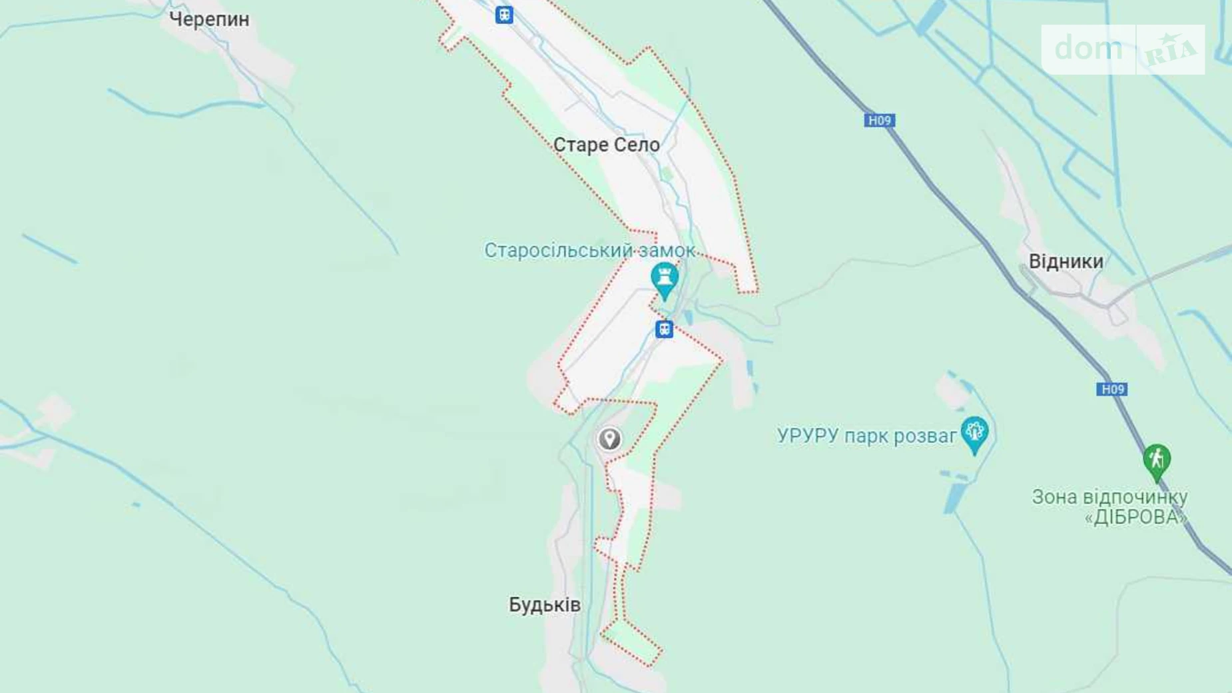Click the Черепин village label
click(x=209, y=19)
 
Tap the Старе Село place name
click(x=606, y=145)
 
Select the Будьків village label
click(x=545, y=604)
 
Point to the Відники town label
click(x=1066, y=261)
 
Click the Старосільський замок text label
click(x=589, y=251)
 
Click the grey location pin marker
click(x=609, y=439)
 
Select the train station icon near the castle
click(x=664, y=329)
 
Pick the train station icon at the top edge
click(x=504, y=15)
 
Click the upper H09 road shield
click(x=879, y=121)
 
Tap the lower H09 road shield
click(x=1111, y=389)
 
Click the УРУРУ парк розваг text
click(x=866, y=436)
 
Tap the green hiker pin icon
click(x=1157, y=460)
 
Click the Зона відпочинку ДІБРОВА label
click(x=1110, y=506)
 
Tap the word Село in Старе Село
click(x=633, y=145)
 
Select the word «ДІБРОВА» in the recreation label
click(x=1136, y=517)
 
